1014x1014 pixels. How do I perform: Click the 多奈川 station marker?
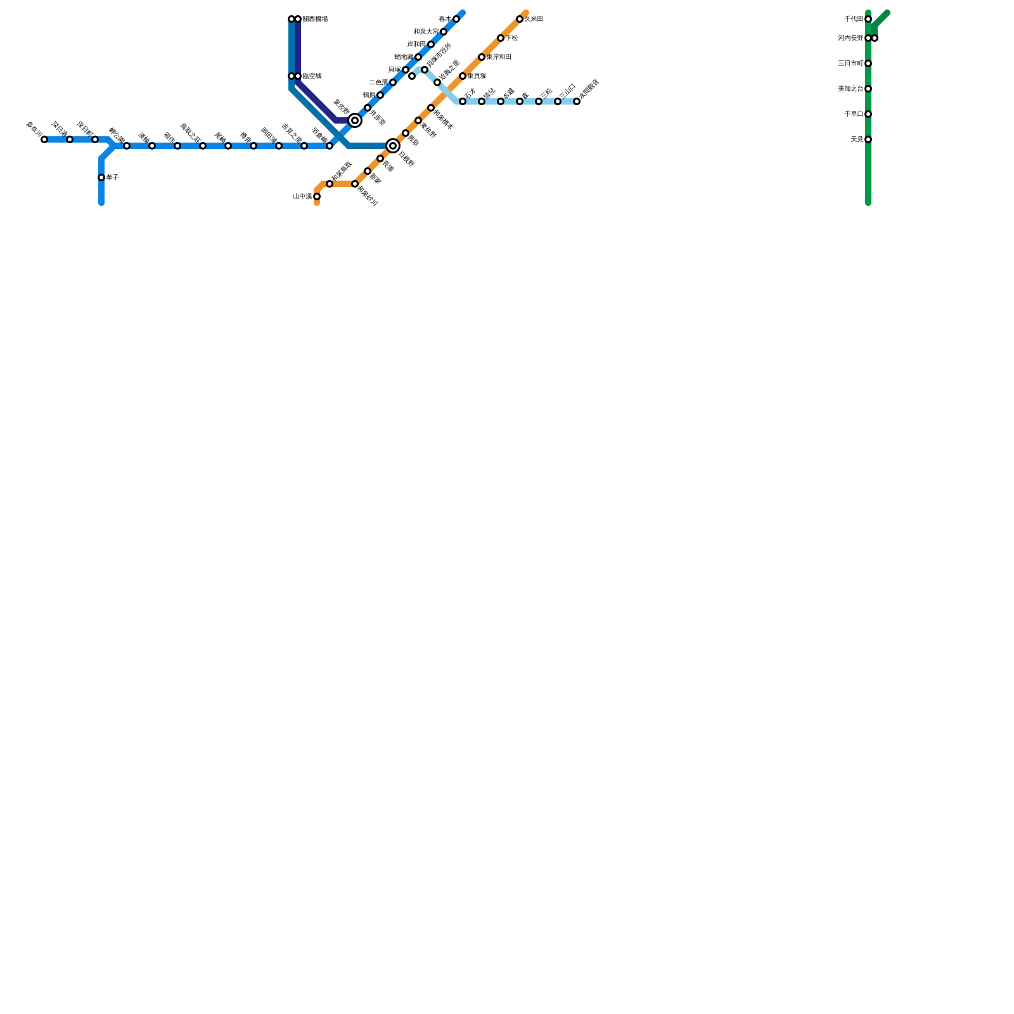pos(44,139)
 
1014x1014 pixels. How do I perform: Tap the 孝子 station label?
pos(113,177)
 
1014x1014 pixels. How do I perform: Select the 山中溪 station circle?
pos(317,196)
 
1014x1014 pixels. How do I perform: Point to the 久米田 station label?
pos(534,19)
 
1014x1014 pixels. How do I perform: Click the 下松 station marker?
pos(501,38)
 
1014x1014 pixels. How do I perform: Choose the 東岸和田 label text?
pos(499,57)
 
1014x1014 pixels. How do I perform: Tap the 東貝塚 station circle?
pos(463,76)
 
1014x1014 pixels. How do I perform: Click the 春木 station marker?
pos(456,19)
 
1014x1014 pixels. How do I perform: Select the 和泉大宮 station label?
pos(425,32)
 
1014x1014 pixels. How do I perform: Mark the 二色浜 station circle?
pos(393,82)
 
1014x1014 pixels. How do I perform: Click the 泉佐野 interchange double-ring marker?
pos(355,120)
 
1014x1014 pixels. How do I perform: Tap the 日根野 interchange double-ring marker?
pos(393,146)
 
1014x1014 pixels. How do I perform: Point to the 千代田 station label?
pos(854,19)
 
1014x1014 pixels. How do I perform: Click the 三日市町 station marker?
pos(868,63)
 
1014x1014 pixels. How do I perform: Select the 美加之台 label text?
pos(850,89)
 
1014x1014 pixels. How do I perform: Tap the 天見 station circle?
pos(868,139)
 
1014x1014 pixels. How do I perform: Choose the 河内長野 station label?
pos(850,38)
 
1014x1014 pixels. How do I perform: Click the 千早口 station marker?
pos(868,114)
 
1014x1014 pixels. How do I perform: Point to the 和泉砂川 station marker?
pos(355,184)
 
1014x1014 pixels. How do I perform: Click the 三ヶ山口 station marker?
pos(558,101)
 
